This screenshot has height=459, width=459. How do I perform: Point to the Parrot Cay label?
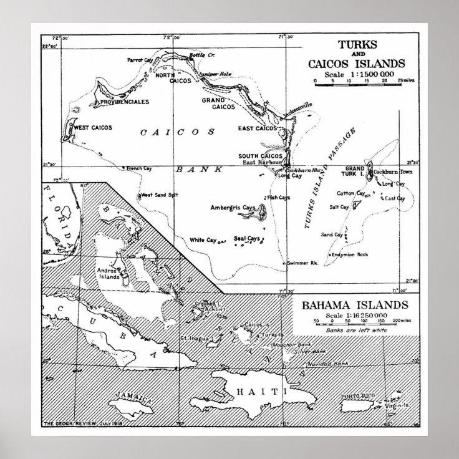(x=140, y=60)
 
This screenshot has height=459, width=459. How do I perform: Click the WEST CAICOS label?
(x=94, y=127)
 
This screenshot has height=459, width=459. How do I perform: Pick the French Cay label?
(x=140, y=168)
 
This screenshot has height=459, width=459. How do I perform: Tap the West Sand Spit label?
(x=160, y=195)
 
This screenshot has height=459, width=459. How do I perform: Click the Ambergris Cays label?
(x=233, y=207)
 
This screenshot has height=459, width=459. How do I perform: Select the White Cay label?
(x=203, y=239)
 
